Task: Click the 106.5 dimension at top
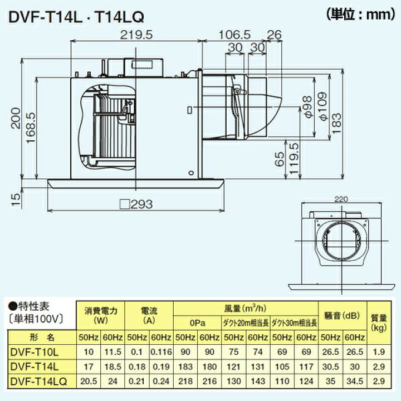pyautogui.click(x=234, y=35)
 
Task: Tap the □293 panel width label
pyautogui.click(x=136, y=204)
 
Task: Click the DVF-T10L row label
pyautogui.click(x=35, y=352)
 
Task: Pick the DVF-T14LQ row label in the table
pyautogui.click(x=38, y=380)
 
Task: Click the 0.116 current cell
pyautogui.click(x=162, y=352)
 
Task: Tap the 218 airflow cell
pyautogui.click(x=185, y=380)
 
